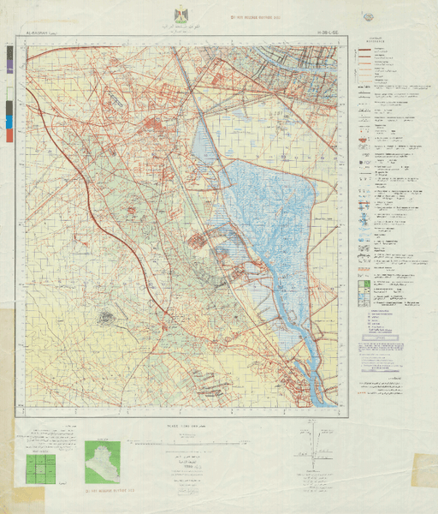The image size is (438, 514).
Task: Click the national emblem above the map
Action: pyautogui.click(x=181, y=15)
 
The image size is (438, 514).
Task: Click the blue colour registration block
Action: pyautogui.click(x=9, y=121)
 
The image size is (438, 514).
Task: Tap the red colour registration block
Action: pyautogui.click(x=9, y=134)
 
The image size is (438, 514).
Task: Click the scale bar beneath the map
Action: pyautogui.click(x=181, y=443)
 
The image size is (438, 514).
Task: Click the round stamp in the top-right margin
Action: pyautogui.click(x=369, y=16)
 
